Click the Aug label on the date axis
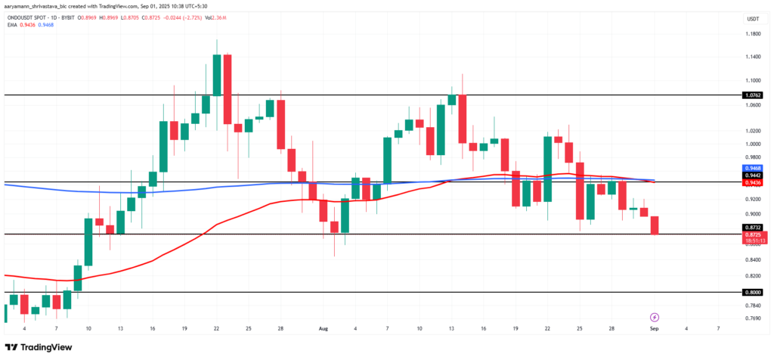pos(324,329)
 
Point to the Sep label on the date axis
pos(655,329)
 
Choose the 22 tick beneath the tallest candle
pos(217,329)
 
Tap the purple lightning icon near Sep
pos(655,317)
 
